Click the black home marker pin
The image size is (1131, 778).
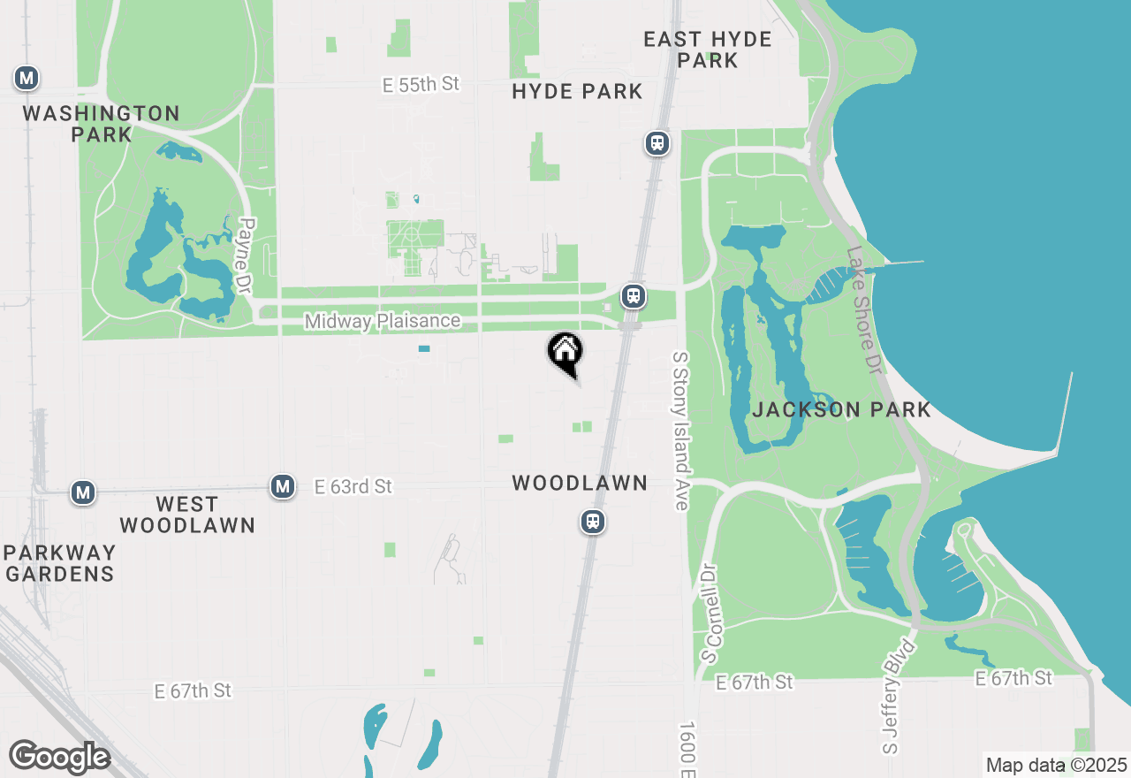coord(565,353)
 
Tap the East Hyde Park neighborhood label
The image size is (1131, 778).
coord(708,50)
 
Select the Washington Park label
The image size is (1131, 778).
coord(102,124)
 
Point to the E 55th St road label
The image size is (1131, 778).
coord(421,84)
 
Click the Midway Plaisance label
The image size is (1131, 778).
coord(383,321)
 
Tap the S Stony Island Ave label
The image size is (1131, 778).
coord(679,431)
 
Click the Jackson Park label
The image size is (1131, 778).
coord(841,409)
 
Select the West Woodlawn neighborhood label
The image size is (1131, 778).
coord(187,515)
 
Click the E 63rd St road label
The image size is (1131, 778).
coord(353,486)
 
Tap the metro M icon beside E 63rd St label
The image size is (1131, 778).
coord(283,486)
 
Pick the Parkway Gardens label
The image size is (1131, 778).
coord(59,563)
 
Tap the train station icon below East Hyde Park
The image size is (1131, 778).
coord(657,143)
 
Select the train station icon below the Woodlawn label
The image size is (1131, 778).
coord(592,522)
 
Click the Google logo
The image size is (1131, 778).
coord(59,757)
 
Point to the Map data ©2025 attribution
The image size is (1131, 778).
coord(1056,765)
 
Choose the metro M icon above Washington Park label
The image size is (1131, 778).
coord(27,79)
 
